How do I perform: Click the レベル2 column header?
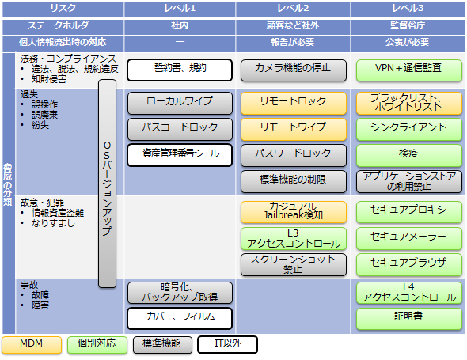(293, 9)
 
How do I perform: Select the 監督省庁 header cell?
(408, 25)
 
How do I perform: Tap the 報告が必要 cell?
(293, 42)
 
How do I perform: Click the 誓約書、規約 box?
(180, 70)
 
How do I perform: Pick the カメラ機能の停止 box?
(294, 70)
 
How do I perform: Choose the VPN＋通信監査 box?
(409, 70)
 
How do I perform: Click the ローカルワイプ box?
(180, 103)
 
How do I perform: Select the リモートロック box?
(294, 103)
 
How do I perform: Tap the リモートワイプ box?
(294, 129)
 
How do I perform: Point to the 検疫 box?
(409, 155)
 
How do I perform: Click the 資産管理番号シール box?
(180, 155)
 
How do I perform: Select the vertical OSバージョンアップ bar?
(107, 184)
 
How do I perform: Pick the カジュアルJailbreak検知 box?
(294, 212)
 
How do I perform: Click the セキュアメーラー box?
(409, 238)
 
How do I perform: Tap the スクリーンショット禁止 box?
(294, 264)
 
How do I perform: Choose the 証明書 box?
(409, 319)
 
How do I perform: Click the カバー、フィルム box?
(180, 319)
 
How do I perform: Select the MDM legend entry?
(32, 345)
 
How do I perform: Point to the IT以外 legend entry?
(227, 344)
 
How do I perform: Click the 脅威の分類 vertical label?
(8, 184)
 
